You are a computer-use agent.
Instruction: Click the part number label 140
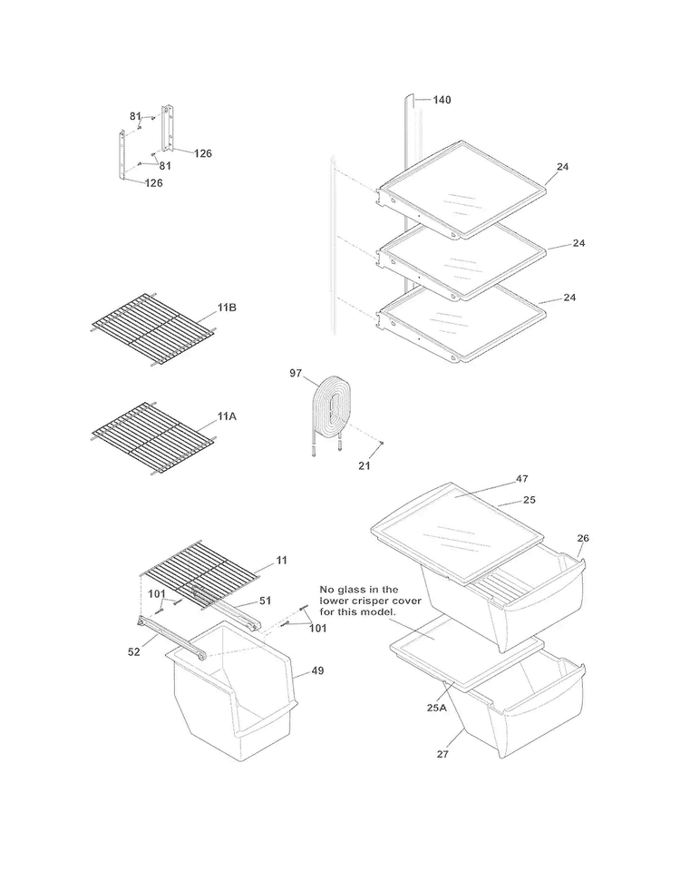tap(442, 100)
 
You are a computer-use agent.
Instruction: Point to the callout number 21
tap(363, 465)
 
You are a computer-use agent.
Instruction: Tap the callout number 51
tap(266, 600)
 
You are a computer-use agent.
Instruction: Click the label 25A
tap(437, 708)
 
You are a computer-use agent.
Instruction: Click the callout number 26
tap(583, 538)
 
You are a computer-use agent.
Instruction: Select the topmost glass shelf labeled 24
tap(462, 191)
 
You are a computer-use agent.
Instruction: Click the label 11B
tap(227, 308)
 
